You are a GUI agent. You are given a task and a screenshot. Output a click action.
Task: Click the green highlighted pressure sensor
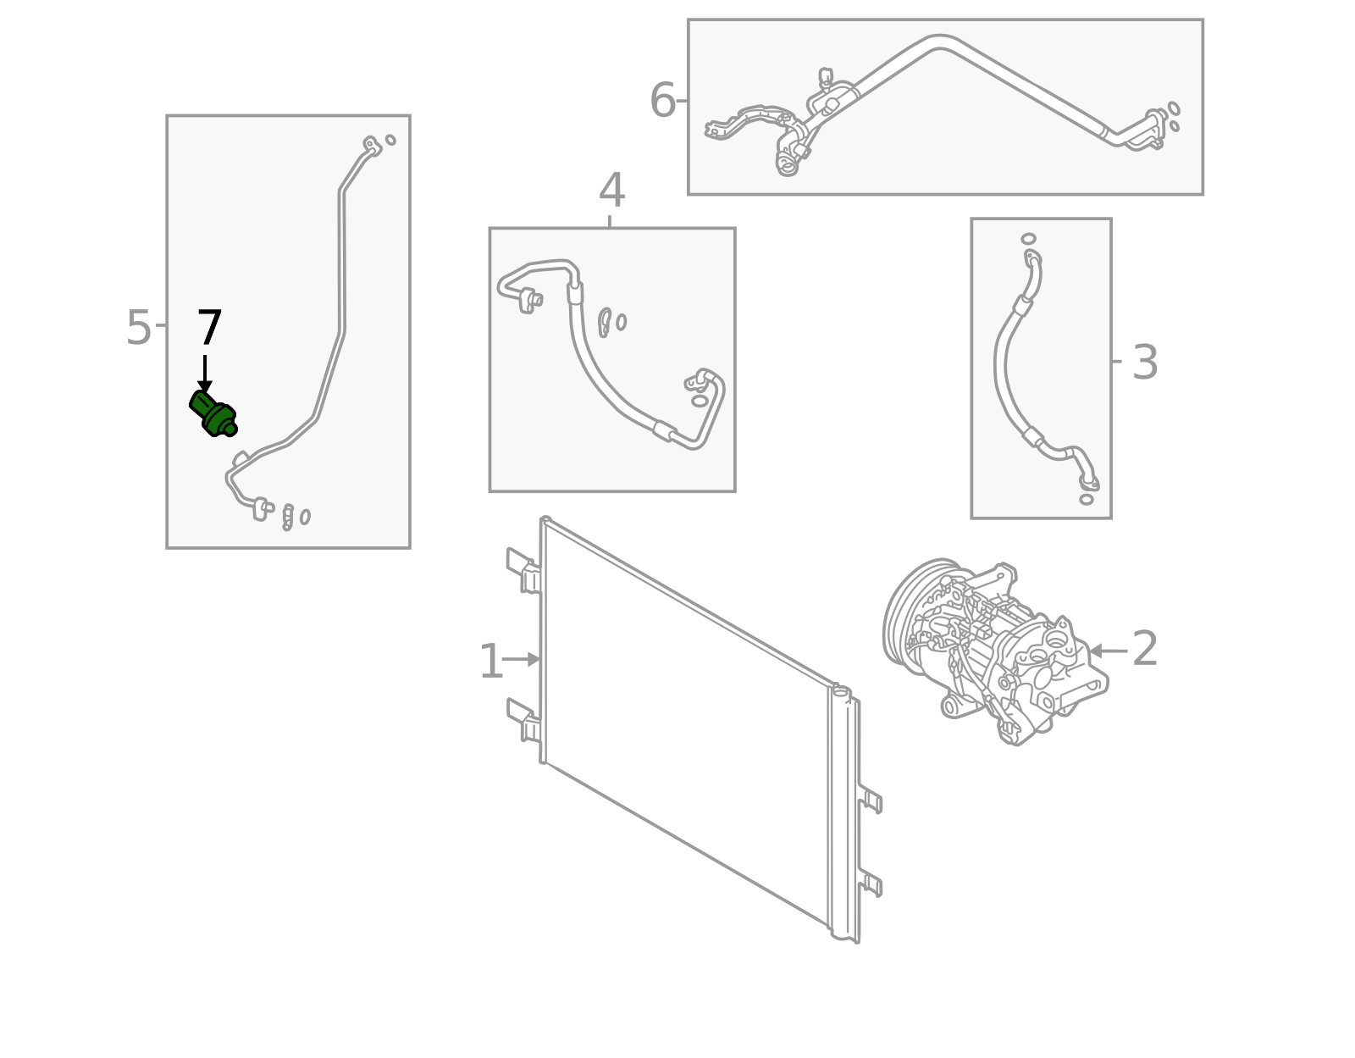pos(213,413)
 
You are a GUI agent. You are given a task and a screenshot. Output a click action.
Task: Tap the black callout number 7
pos(209,328)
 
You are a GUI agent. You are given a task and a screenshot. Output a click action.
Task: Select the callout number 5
pos(138,328)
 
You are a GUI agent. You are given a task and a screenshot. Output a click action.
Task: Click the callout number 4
pos(611,191)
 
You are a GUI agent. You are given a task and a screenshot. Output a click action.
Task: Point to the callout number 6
pos(662,100)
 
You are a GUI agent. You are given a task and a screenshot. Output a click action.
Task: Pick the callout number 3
pos(1145,363)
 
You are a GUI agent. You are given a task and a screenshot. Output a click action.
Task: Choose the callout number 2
pos(1145,649)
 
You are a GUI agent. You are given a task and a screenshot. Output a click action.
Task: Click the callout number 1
pos(491,662)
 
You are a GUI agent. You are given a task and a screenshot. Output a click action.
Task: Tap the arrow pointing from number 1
pos(521,659)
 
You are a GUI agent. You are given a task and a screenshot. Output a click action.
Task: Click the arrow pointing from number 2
pos(1108,651)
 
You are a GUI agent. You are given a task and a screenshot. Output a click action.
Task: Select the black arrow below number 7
pos(205,374)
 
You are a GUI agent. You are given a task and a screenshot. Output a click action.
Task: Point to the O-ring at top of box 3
pos(1028,239)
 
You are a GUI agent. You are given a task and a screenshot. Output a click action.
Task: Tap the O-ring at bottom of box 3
pos(1087,500)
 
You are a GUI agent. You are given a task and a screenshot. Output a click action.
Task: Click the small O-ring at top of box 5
pos(390,140)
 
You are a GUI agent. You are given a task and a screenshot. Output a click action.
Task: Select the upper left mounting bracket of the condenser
pos(523,570)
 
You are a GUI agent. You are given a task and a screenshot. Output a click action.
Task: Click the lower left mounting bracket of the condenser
pos(523,720)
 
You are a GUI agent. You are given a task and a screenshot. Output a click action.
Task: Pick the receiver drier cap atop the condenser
pos(841,690)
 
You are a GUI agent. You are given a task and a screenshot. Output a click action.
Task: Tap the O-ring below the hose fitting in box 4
pos(700,401)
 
